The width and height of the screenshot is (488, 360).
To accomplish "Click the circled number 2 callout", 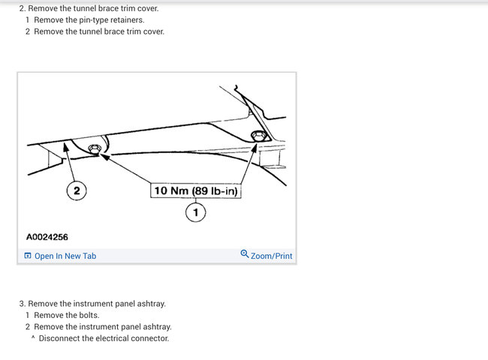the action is point(77,190).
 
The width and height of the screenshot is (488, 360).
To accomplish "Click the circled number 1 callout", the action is point(195,212).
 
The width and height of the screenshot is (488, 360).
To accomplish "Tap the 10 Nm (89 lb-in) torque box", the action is point(196,190).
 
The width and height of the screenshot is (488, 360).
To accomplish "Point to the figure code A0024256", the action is point(47,237).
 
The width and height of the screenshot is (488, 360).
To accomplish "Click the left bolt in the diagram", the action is point(94,149).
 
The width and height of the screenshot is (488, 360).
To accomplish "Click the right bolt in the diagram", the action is point(258,136).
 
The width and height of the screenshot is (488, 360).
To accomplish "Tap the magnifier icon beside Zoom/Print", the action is point(245,254).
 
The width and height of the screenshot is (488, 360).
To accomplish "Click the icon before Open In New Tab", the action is point(28,256).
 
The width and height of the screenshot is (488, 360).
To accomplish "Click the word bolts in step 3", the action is point(89,315).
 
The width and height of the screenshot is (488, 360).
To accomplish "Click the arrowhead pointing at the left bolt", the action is point(105,157).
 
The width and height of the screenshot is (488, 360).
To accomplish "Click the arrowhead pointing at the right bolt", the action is point(254,148).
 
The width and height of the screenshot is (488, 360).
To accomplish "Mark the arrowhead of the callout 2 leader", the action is point(66,146).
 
